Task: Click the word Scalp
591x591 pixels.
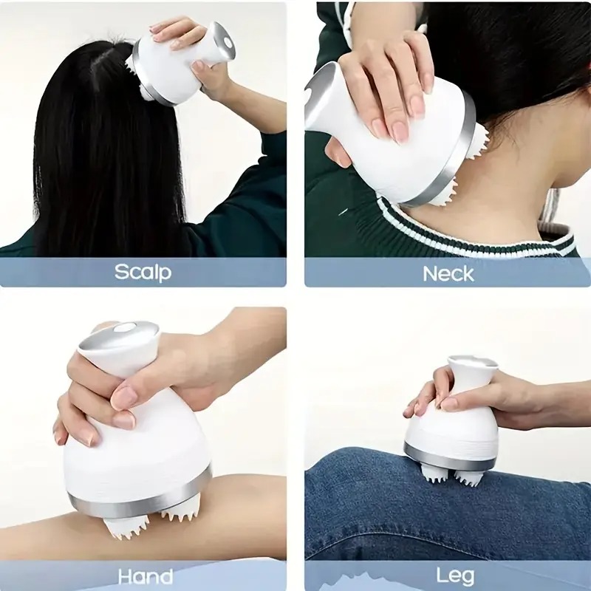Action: pyautogui.click(x=143, y=272)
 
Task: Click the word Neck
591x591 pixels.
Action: pyautogui.click(x=448, y=273)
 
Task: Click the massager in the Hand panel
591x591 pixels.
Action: pyautogui.click(x=137, y=436)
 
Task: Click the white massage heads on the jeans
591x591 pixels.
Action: pyautogui.click(x=451, y=476)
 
